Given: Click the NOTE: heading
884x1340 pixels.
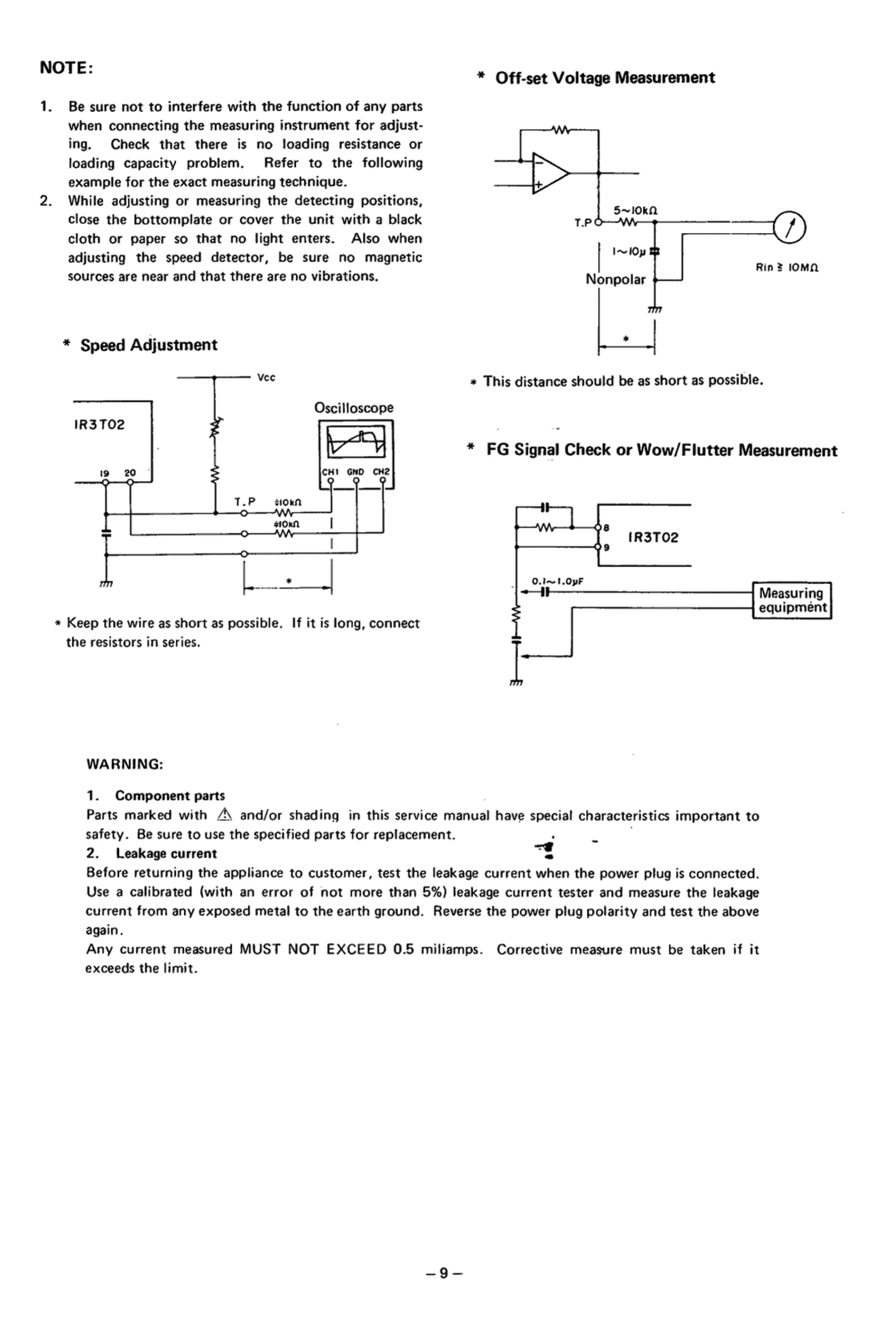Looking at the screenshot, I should click(66, 68).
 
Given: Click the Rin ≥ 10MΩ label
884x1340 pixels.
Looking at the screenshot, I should click(786, 268).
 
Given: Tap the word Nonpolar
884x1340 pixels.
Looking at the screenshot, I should click(615, 279).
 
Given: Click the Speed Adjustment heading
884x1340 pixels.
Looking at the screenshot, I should click(148, 345).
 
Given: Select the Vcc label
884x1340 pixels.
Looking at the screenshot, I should click(266, 378).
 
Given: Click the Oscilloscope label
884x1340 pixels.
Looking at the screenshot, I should click(354, 408).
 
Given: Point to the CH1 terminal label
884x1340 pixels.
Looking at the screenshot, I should click(329, 472).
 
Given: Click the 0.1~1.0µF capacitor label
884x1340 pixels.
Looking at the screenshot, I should click(557, 581).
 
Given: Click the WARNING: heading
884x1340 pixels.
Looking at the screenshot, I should click(124, 764).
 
